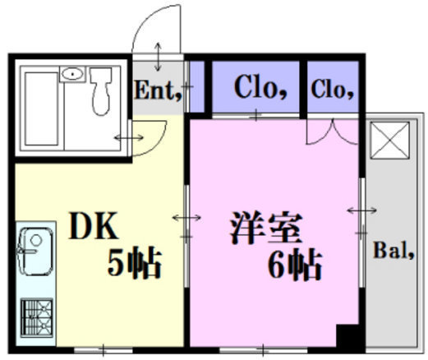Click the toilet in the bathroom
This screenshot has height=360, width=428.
click(101, 91)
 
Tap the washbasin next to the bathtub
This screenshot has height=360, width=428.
click(72, 74)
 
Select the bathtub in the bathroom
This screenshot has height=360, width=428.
click(41, 108)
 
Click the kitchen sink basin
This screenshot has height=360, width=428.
click(35, 251)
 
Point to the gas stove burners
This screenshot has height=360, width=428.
click(37, 317)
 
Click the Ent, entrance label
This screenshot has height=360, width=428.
click(159, 90)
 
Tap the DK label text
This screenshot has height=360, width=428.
click(94, 226)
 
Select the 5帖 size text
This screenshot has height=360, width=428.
click(134, 262)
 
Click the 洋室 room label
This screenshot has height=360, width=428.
click(266, 228)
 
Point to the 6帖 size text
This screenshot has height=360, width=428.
click(294, 265)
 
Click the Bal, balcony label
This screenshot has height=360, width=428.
click(393, 251)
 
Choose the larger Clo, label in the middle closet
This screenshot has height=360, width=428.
click(260, 86)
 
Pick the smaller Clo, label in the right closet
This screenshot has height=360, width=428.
click(332, 90)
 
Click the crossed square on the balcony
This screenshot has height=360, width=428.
click(390, 141)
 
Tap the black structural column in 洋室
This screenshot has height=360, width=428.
click(347, 335)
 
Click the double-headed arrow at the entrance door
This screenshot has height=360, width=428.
click(158, 57)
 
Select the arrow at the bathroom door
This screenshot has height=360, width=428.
click(129, 137)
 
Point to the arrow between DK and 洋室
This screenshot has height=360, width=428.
click(186, 218)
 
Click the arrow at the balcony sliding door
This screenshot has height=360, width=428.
click(361, 210)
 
